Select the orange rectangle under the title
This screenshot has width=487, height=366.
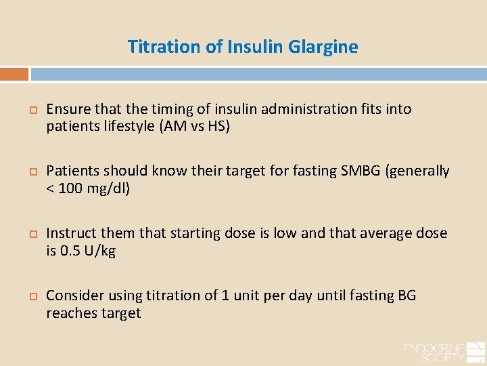click(x=14, y=74)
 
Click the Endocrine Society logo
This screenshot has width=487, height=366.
click(x=442, y=352)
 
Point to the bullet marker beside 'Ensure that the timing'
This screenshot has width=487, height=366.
click(x=30, y=109)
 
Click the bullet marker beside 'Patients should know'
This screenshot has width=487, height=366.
click(x=30, y=171)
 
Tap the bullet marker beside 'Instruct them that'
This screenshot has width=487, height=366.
click(x=30, y=234)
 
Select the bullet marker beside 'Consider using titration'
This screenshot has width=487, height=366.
click(x=30, y=296)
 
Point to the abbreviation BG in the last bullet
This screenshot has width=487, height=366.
click(x=407, y=296)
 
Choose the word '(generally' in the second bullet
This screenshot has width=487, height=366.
click(x=417, y=171)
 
